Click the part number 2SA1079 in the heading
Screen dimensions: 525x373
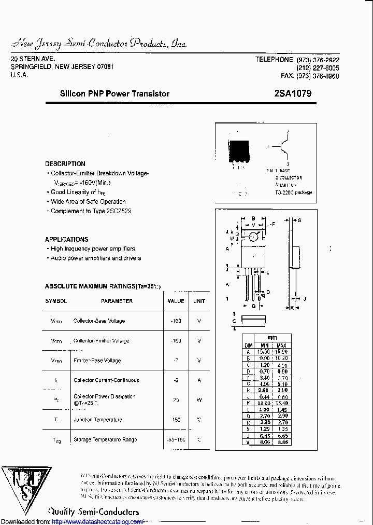293,94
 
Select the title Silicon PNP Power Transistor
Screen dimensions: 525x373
114,94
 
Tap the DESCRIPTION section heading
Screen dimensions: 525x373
65,163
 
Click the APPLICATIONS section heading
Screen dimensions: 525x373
66,239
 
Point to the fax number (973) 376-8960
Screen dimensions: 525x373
318,76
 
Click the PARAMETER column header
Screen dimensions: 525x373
117,301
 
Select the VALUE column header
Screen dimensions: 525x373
176,301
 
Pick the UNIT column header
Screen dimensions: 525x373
199,301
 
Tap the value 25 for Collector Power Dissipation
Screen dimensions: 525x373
176,400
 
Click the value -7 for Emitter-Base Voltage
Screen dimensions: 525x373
176,361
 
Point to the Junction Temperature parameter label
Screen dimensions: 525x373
98,420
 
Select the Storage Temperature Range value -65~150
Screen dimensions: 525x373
176,439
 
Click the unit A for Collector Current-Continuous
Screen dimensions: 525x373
199,380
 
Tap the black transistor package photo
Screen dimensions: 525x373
239,151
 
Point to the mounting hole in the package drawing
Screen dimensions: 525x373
253,237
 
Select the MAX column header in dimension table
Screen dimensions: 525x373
281,345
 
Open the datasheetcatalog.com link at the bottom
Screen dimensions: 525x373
98,521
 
